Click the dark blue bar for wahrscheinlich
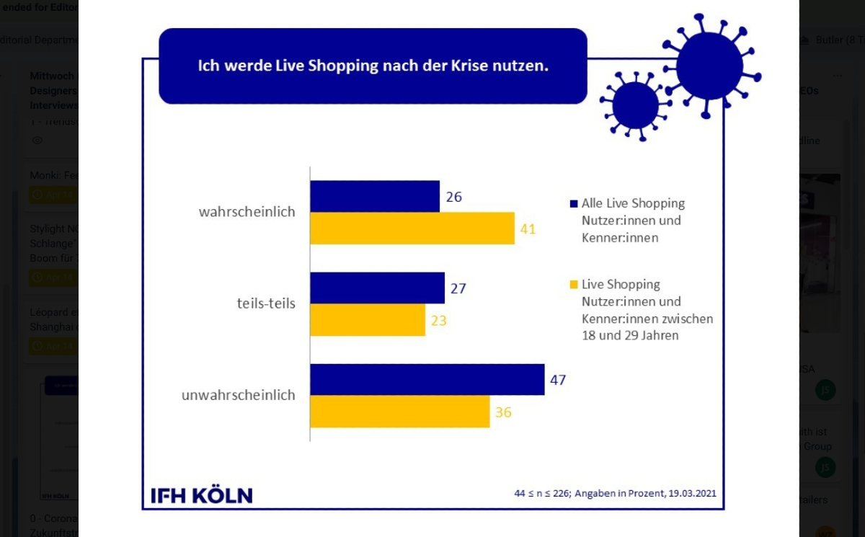coord(375,196)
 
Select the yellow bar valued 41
coord(412,228)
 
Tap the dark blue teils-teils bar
coord(377,288)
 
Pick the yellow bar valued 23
coord(368,320)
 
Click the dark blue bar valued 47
coord(427,380)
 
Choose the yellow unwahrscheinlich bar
coord(399,412)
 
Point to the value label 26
coord(453,197)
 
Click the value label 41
coord(528,229)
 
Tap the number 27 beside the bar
coord(458,289)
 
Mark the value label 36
coord(503,412)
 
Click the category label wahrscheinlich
coord(247,213)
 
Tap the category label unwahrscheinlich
coord(238,395)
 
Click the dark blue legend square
coord(574,204)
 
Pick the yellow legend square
coord(574,285)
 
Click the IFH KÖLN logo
coord(202,495)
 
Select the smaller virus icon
coord(634,105)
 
